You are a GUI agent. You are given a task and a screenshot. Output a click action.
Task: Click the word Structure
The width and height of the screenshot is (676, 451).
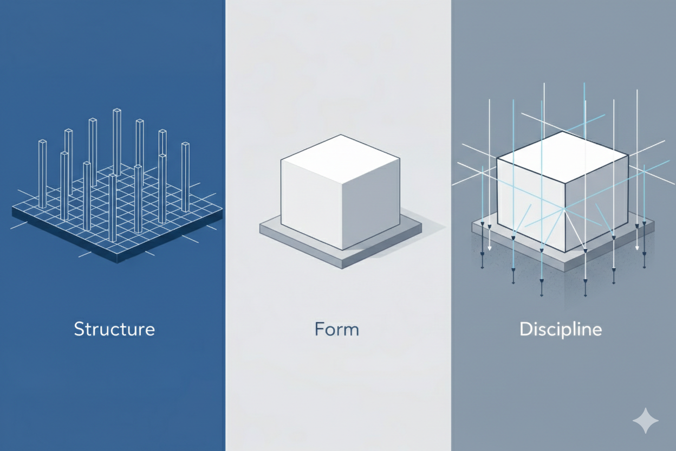point(114,329)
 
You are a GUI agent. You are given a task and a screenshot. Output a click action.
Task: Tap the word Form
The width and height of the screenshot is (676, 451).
point(336,329)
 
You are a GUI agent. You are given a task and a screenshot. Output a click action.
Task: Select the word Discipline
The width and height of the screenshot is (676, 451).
point(561,329)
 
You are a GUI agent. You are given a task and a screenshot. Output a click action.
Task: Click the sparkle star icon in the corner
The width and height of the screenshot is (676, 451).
point(646,421)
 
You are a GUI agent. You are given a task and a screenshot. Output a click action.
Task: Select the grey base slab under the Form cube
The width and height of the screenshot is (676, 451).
point(303,239)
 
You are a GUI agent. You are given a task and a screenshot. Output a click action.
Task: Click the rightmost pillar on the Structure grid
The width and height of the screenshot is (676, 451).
point(185,177)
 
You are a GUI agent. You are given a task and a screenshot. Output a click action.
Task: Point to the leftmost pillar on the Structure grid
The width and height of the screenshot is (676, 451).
point(42,173)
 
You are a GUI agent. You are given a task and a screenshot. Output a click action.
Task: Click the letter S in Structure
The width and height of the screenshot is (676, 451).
point(79,329)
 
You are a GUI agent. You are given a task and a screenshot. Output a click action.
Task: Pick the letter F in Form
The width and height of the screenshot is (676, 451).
point(319,329)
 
